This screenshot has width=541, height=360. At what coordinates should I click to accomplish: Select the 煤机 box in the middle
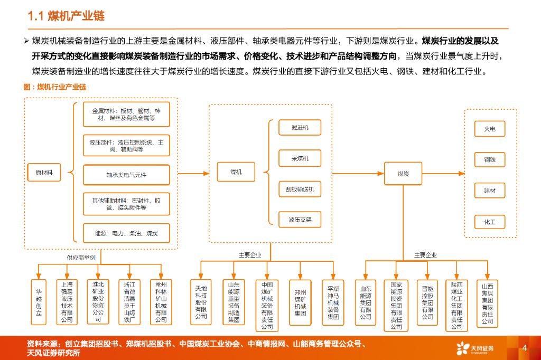point(236,172)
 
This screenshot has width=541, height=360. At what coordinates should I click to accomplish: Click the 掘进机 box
point(300,128)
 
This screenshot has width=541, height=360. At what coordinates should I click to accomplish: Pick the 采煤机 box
point(300,158)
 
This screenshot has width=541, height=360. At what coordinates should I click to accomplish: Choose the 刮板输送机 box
point(300,189)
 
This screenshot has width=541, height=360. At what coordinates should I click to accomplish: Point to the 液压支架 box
point(300,219)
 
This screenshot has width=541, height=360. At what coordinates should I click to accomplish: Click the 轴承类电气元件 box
point(126,174)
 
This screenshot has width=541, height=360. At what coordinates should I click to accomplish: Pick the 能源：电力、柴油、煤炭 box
point(126,233)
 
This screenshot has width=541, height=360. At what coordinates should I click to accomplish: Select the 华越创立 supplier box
point(38,301)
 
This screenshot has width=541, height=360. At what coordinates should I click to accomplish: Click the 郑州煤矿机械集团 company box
point(300,302)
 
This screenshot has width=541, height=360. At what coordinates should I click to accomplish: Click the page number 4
point(525,348)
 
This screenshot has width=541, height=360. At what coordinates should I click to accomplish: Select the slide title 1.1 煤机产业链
point(66,16)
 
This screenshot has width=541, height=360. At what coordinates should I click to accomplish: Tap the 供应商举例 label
point(81,258)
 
